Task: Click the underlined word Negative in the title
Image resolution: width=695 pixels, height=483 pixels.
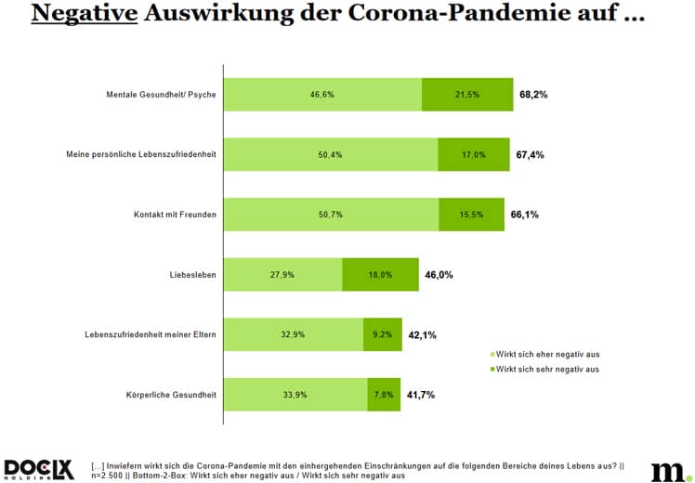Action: click(80, 17)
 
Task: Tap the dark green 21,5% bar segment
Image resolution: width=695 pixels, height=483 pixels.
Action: click(467, 94)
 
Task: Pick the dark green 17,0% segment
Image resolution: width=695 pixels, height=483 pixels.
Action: click(474, 154)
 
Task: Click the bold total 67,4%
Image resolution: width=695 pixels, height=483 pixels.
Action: click(531, 154)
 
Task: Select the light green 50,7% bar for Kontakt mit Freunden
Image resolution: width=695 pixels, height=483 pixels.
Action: click(331, 215)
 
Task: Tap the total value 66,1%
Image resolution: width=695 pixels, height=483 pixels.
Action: click(525, 215)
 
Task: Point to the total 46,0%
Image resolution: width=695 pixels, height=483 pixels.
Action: click(421, 275)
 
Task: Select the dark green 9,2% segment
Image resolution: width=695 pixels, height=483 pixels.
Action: click(382, 334)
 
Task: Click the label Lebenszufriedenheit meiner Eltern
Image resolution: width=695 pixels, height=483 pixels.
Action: click(147, 334)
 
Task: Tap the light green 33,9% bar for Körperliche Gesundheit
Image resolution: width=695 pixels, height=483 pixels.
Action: click(295, 395)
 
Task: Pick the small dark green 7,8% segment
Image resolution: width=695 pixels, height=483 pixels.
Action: click(384, 395)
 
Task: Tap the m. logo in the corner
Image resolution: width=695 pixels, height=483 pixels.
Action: click(666, 470)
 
